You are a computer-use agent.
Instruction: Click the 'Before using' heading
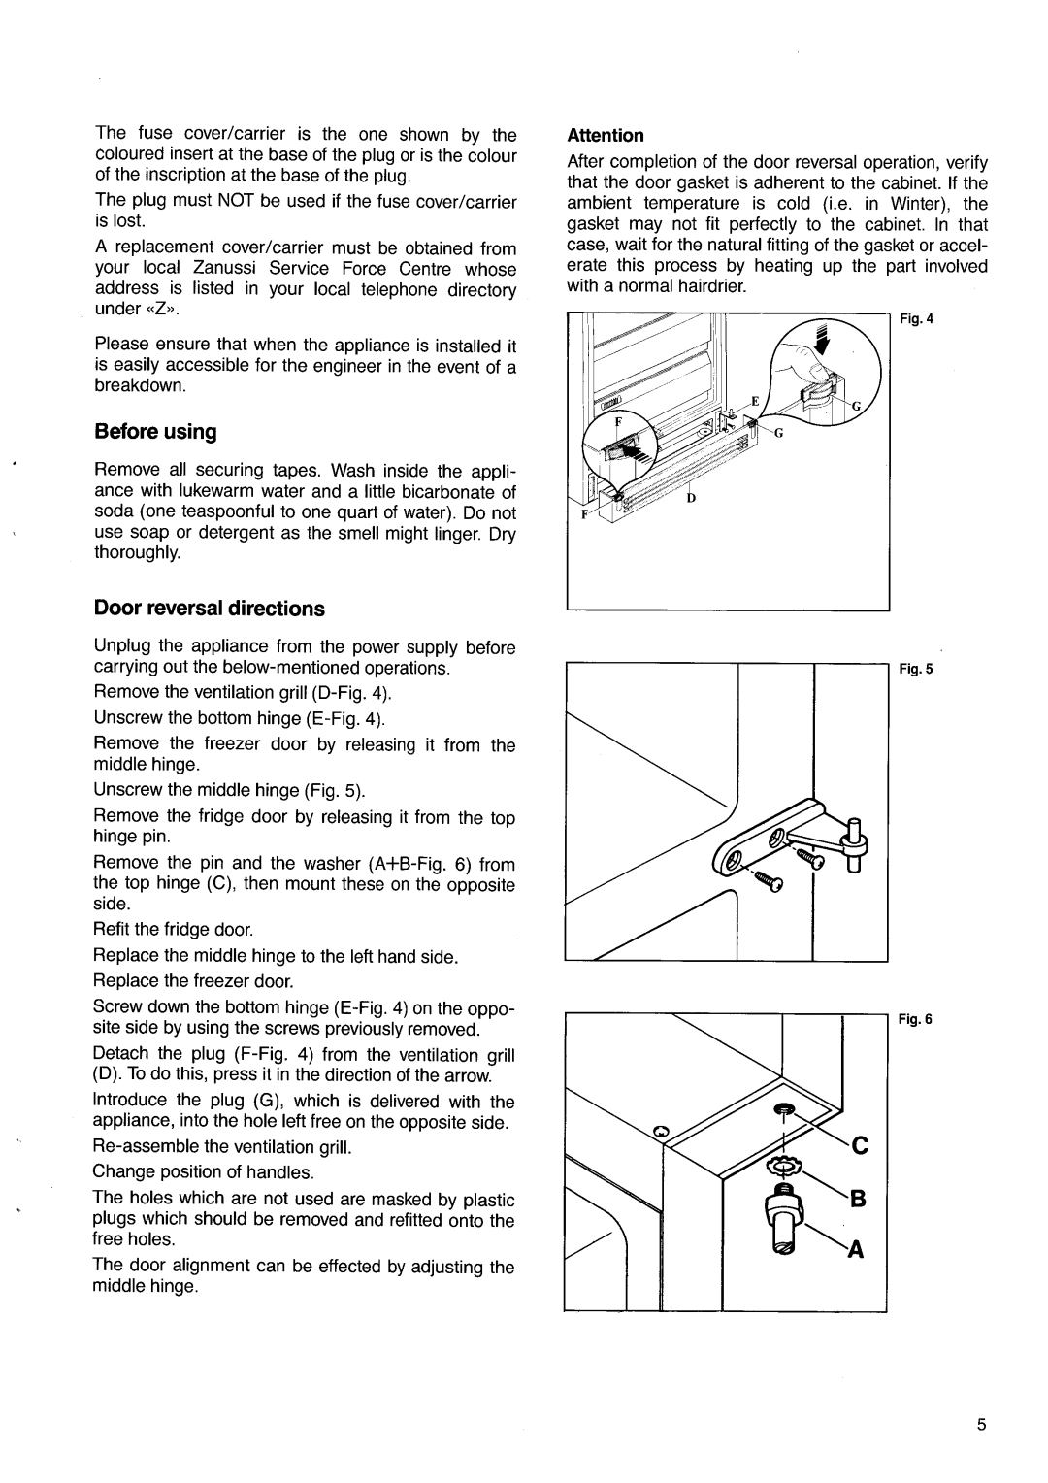[155, 431]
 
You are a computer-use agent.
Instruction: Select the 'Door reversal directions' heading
[209, 609]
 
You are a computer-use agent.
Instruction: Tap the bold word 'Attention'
[606, 136]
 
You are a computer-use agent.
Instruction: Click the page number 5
[981, 1426]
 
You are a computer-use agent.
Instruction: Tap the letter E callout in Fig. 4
[752, 402]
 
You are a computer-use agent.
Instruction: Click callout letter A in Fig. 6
[858, 1252]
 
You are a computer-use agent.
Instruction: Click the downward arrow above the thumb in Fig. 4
[826, 346]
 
